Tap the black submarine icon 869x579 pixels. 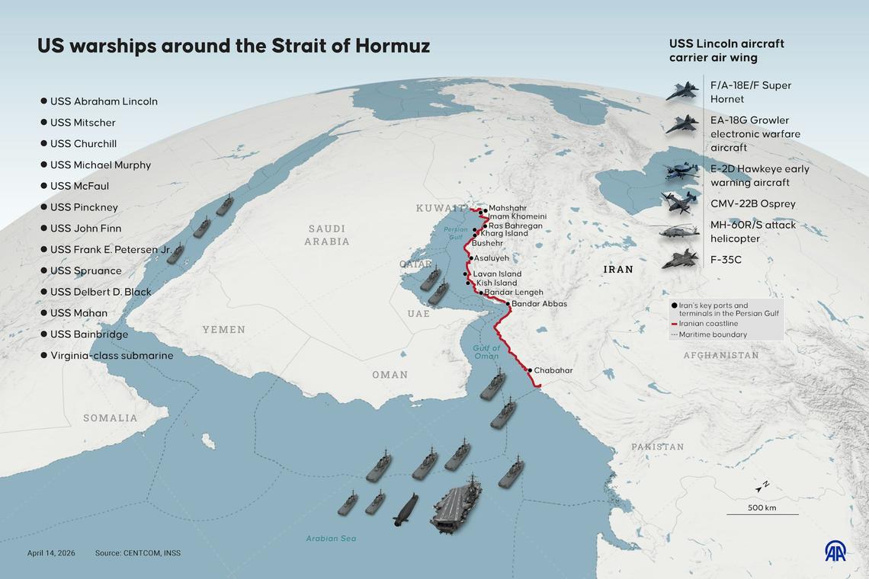[x=406, y=509]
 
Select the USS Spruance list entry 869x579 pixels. [x=86, y=270]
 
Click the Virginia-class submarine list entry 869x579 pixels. [x=111, y=356]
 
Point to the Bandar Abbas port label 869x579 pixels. [x=539, y=304]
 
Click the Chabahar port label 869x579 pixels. [x=553, y=370]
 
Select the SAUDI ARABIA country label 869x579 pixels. [x=327, y=235]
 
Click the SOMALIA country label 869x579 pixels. [x=111, y=418]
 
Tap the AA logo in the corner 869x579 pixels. [x=835, y=552]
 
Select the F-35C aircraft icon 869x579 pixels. [x=679, y=260]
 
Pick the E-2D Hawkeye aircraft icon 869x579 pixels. [x=680, y=172]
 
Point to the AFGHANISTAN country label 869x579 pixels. [x=720, y=356]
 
